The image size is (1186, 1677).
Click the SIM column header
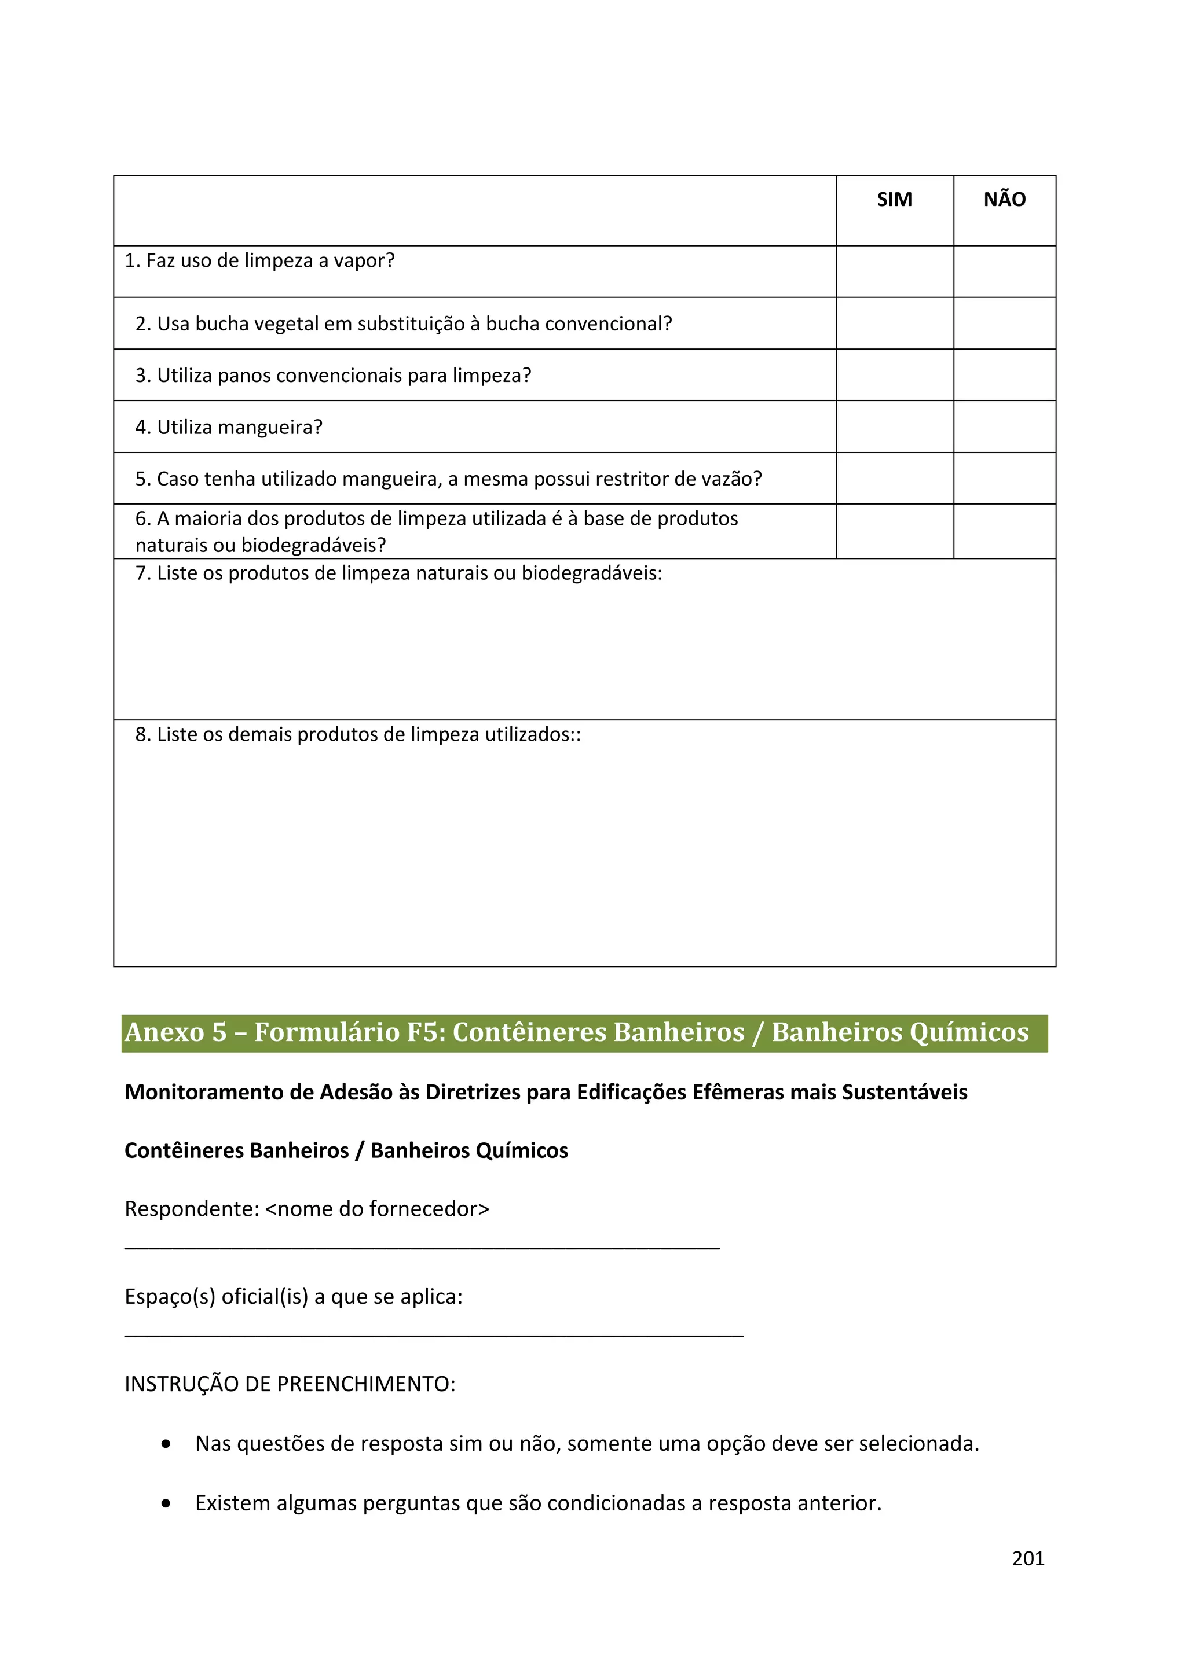pyautogui.click(x=895, y=200)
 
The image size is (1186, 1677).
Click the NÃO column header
pyautogui.click(x=1004, y=200)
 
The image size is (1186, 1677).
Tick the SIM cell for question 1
pyautogui.click(x=895, y=272)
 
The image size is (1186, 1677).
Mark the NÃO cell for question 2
pyautogui.click(x=1004, y=323)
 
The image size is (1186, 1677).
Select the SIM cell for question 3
pyautogui.click(x=895, y=375)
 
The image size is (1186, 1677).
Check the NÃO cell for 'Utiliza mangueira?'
pyautogui.click(x=1004, y=426)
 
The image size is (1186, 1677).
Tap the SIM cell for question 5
pyautogui.click(x=895, y=479)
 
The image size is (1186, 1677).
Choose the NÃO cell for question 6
pyautogui.click(x=1004, y=531)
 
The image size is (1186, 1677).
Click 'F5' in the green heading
pyautogui.click(x=425, y=1032)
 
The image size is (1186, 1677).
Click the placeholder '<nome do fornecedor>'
pyautogui.click(x=377, y=1209)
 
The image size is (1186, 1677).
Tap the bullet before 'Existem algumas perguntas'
pyautogui.click(x=167, y=1503)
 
